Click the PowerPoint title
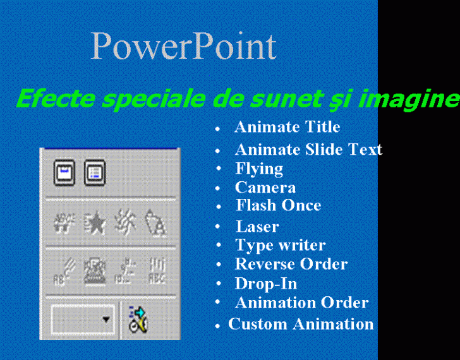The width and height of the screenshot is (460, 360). coord(184,46)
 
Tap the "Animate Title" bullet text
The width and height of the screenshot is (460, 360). coord(287,127)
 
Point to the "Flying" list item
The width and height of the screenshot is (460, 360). coord(259,169)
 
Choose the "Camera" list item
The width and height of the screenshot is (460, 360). coord(265,188)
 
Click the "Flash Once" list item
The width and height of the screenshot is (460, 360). coord(279,205)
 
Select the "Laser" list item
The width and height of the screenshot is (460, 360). coord(257,227)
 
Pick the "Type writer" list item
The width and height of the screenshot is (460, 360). coord(281,246)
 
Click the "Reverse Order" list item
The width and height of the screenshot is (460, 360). coord(291,264)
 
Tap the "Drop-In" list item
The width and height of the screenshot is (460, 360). coord(266,284)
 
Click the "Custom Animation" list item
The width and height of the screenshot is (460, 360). coord(301,324)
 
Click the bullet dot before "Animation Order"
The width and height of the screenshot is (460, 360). coord(217,302)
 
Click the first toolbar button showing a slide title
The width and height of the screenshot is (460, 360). coord(64,172)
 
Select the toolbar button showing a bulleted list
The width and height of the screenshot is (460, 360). coord(95,172)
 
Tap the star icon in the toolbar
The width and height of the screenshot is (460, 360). coord(95,224)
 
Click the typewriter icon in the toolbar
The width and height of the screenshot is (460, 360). coord(95,270)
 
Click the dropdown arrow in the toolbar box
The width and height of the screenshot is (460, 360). coord(106,319)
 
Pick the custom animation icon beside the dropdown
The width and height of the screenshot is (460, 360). coord(138,320)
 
